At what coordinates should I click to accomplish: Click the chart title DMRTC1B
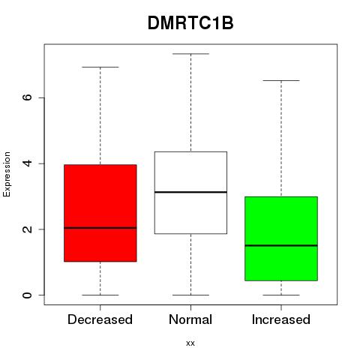(x=190, y=23)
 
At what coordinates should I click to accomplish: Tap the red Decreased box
(x=100, y=213)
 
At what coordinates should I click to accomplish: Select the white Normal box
(x=190, y=193)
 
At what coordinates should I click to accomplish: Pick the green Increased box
(x=281, y=238)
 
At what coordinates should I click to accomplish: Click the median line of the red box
(x=100, y=228)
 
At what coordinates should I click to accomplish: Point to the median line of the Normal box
(x=190, y=192)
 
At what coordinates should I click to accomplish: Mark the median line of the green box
(x=281, y=245)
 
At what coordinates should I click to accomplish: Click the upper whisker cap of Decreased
(x=100, y=67)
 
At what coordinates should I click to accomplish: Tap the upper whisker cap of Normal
(x=190, y=54)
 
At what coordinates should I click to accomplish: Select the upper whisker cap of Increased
(x=281, y=80)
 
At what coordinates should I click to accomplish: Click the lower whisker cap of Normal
(x=190, y=295)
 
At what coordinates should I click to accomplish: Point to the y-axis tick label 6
(x=27, y=97)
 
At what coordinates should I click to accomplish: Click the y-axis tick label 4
(x=27, y=163)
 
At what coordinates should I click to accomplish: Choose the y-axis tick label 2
(x=27, y=229)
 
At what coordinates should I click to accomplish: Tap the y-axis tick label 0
(x=27, y=295)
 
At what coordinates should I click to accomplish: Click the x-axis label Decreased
(x=100, y=319)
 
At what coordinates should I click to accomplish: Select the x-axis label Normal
(x=190, y=319)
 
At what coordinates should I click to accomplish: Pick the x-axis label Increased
(x=281, y=319)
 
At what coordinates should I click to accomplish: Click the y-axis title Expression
(x=7, y=174)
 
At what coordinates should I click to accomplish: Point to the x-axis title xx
(x=190, y=343)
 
